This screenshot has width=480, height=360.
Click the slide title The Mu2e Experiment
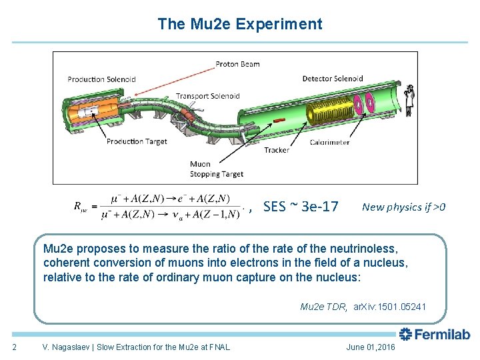(x=239, y=25)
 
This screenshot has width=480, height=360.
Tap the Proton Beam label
(x=237, y=65)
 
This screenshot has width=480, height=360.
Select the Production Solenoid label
(x=101, y=79)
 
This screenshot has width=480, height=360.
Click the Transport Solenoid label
(x=208, y=96)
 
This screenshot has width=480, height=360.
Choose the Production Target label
(x=137, y=141)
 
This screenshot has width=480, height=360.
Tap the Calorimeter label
(x=330, y=141)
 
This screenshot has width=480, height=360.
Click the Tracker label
(x=277, y=151)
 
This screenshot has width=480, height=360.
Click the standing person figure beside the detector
(x=409, y=99)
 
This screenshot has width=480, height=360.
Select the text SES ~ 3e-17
(x=301, y=207)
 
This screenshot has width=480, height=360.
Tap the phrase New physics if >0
(x=403, y=207)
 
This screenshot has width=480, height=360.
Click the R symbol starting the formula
(x=77, y=207)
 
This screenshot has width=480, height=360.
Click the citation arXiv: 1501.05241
(x=390, y=307)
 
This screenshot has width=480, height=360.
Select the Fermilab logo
(x=434, y=334)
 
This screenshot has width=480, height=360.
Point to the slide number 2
(x=15, y=347)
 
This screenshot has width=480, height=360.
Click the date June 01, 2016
(x=371, y=347)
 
